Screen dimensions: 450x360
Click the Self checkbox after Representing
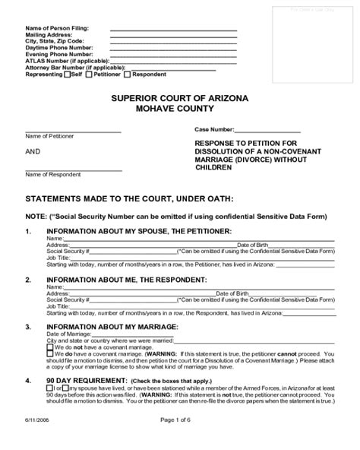(68, 74)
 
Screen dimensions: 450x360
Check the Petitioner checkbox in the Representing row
(89, 74)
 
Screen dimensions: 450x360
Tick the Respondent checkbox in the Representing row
(128, 74)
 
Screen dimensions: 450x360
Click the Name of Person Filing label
(52, 28)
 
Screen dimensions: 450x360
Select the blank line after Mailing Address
(173, 35)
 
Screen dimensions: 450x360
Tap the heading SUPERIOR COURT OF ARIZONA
(179, 99)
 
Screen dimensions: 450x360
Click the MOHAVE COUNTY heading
(179, 109)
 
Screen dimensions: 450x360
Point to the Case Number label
(214, 130)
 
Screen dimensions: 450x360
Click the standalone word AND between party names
(33, 152)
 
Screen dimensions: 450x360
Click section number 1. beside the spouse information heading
(29, 231)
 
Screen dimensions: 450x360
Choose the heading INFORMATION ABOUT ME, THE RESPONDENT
(125, 279)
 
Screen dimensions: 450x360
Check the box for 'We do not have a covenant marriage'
(50, 347)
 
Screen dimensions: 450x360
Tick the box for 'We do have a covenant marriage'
(50, 354)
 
